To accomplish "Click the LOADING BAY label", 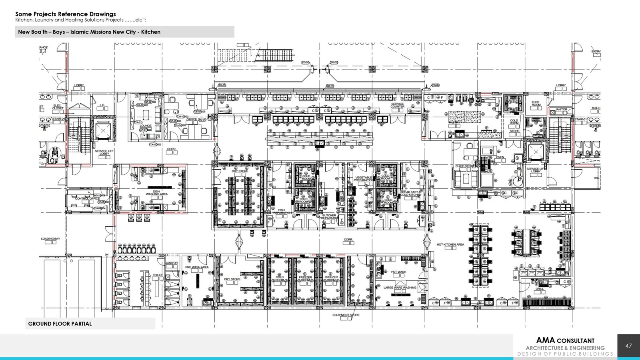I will point(50,239).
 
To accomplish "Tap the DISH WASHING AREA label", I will point(156,193).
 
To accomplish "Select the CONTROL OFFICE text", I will point(87,198).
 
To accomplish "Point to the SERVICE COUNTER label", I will point(397,105).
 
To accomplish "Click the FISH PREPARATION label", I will point(282,211).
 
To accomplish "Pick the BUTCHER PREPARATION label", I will point(329,217).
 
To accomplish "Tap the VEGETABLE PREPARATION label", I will point(363,179).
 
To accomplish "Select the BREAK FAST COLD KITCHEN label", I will point(410,193).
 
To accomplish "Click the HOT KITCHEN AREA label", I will point(450,244).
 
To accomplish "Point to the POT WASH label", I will point(398,272).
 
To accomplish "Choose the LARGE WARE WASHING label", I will point(400,288).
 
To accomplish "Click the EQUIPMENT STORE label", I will point(346,315).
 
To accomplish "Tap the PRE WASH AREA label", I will point(197,267).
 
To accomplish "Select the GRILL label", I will point(540,289).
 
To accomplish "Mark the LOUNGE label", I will point(146,126).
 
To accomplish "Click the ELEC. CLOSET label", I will point(58,107).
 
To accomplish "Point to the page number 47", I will point(628,346).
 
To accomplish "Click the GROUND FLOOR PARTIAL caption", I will point(60,324).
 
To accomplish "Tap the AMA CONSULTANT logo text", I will point(565,341).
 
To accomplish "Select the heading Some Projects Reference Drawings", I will point(66,14).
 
